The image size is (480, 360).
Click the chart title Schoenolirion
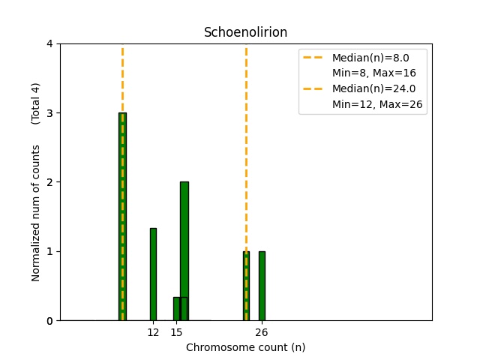(246, 33)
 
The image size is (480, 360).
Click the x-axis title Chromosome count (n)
(246, 347)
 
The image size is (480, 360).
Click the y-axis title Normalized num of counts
(36, 213)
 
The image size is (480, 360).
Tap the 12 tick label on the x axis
(153, 332)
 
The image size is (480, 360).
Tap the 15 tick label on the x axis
(176, 332)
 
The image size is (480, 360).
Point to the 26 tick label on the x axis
(262, 332)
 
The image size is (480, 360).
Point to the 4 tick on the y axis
(49, 43)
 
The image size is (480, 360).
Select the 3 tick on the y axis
(49, 113)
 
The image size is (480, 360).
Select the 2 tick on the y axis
(49, 182)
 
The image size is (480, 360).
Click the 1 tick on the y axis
(49, 251)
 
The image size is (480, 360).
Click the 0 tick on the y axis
(49, 321)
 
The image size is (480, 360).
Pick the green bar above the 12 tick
(153, 274)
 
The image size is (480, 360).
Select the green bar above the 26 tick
(262, 286)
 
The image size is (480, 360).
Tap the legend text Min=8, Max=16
(374, 73)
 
